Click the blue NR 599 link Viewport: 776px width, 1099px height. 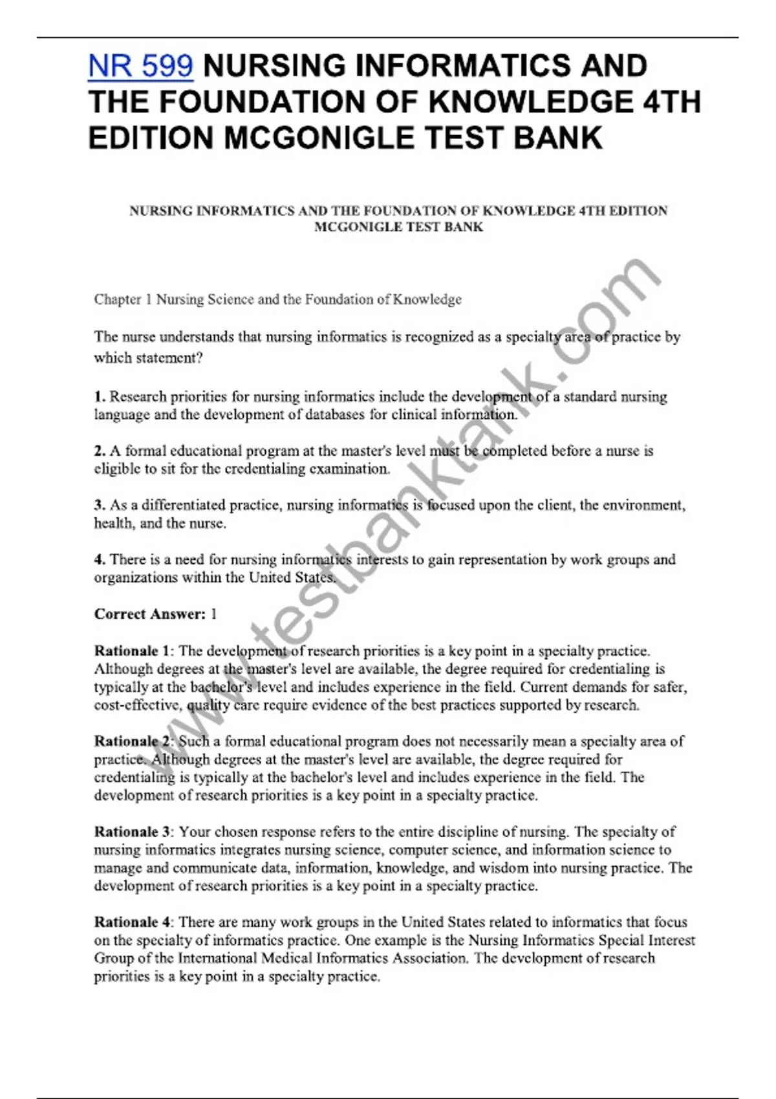tap(140, 67)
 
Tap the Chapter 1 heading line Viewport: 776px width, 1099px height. tap(277, 299)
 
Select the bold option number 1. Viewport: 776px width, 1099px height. tap(99, 396)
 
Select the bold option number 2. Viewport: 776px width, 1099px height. tap(100, 451)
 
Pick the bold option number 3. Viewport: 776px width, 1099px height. tap(100, 505)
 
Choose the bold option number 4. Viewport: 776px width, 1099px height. tap(100, 559)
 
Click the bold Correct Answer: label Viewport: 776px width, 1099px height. tap(149, 614)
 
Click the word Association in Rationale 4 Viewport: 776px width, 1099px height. tap(427, 958)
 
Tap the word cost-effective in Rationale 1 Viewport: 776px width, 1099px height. tap(138, 705)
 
